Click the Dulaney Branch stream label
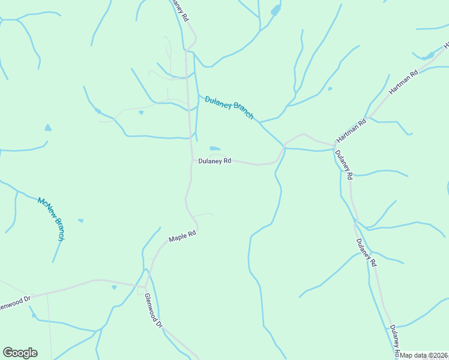click(229, 107)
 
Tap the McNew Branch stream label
click(50, 218)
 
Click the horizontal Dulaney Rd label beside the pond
click(214, 161)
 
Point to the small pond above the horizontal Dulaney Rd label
click(215, 148)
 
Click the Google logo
click(20, 353)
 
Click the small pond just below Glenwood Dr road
click(114, 287)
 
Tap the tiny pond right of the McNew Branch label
click(80, 220)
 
